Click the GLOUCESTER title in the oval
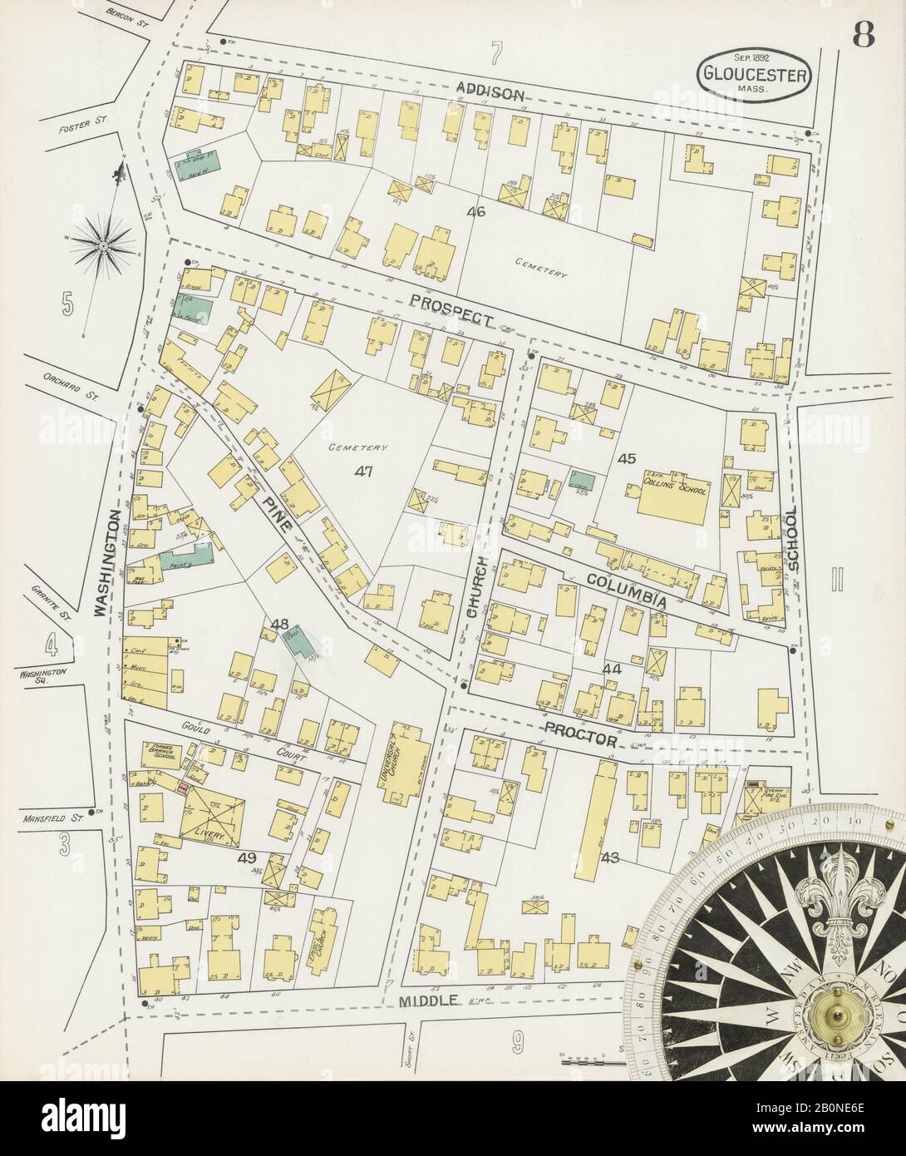(x=755, y=71)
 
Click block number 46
(x=475, y=211)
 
